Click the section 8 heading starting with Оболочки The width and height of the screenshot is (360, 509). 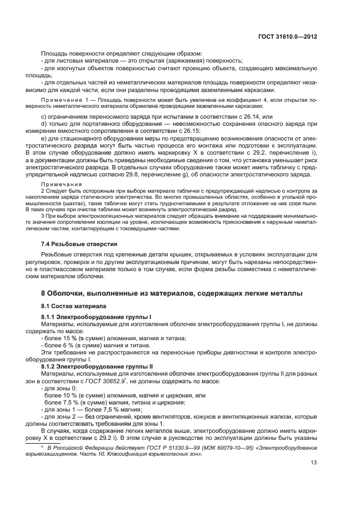(x=168, y=294)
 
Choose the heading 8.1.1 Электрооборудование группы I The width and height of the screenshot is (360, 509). (x=89, y=316)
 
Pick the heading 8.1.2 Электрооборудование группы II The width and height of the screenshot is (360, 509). (x=90, y=366)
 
